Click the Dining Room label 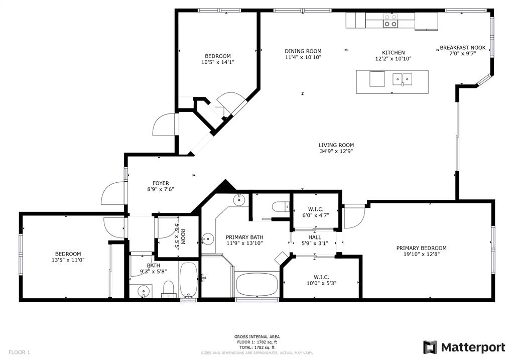point(303,51)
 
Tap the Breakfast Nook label point(462,48)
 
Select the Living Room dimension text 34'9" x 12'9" point(336,152)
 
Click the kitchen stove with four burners point(391,20)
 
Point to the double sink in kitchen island point(402,79)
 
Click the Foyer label point(161,183)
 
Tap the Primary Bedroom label point(421,248)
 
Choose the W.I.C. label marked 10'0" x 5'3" point(321,278)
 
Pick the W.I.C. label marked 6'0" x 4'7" point(316,209)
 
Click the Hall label point(315,237)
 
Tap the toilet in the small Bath point(168,289)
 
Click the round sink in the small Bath point(144,291)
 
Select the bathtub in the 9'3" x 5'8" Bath point(188,280)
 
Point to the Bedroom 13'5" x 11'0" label point(68,254)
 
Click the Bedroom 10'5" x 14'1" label point(218,56)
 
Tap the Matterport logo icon point(430,347)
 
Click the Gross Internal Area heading point(256,337)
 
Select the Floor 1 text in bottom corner point(19,352)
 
